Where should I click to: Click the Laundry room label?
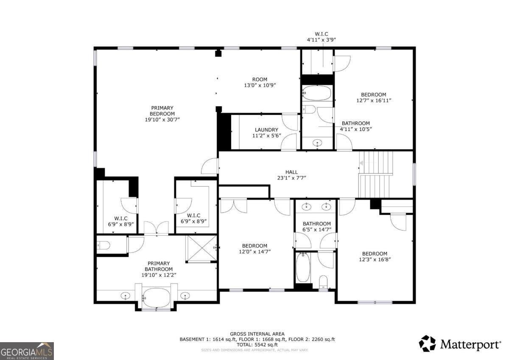pyautogui.click(x=266, y=132)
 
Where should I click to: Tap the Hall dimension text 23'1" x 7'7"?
pyautogui.click(x=291, y=178)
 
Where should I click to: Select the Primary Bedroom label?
pyautogui.click(x=162, y=113)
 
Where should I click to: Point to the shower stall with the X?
pyautogui.click(x=201, y=248)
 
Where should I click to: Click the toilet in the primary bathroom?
pyautogui.click(x=103, y=245)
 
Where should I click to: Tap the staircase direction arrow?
pyautogui.click(x=361, y=163)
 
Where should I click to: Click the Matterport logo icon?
pyautogui.click(x=427, y=343)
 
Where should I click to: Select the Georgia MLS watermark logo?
pyautogui.click(x=27, y=351)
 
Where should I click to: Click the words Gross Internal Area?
pyautogui.click(x=257, y=334)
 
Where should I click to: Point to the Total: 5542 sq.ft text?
pyautogui.click(x=257, y=345)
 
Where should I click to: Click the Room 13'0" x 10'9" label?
pyautogui.click(x=260, y=82)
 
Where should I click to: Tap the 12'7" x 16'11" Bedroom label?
pyautogui.click(x=374, y=97)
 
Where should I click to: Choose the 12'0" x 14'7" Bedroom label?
pyautogui.click(x=255, y=249)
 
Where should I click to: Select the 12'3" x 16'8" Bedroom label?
pyautogui.click(x=375, y=256)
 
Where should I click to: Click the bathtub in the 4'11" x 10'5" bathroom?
pyautogui.click(x=317, y=93)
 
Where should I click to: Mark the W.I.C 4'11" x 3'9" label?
pyautogui.click(x=322, y=37)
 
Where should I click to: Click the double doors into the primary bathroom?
pyautogui.click(x=157, y=228)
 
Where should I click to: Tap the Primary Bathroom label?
pyautogui.click(x=159, y=269)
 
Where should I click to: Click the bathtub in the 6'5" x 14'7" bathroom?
pyautogui.click(x=303, y=267)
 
